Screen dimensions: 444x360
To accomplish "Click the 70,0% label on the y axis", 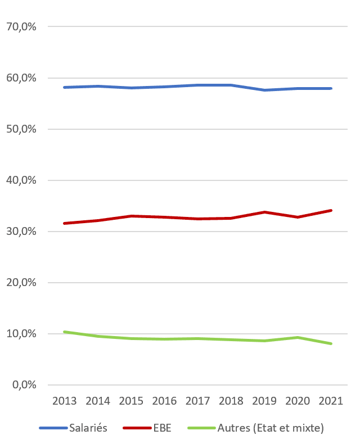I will pos(21,26).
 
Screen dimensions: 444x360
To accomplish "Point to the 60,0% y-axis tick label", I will pos(21,78).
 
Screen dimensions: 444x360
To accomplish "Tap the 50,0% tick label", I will pos(21,129).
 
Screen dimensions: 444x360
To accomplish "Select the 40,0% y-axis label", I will pos(21,180).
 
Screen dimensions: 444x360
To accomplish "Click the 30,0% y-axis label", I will pos(21,232).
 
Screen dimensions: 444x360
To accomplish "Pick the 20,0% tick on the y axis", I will pos(21,283).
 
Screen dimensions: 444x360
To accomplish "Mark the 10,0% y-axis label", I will pos(21,334).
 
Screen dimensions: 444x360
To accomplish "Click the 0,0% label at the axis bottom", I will pos(24,385).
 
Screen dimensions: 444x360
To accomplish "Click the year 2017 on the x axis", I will pos(197,401).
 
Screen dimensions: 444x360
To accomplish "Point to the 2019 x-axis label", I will pos(264,401).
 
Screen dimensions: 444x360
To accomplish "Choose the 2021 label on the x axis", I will pos(331,401).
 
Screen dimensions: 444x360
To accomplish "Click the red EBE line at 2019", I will pos(264,212).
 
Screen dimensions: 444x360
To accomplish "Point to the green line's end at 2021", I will pos(331,343).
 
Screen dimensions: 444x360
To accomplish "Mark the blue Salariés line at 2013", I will pos(64,87).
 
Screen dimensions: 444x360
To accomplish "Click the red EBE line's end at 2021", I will pos(331,210).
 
